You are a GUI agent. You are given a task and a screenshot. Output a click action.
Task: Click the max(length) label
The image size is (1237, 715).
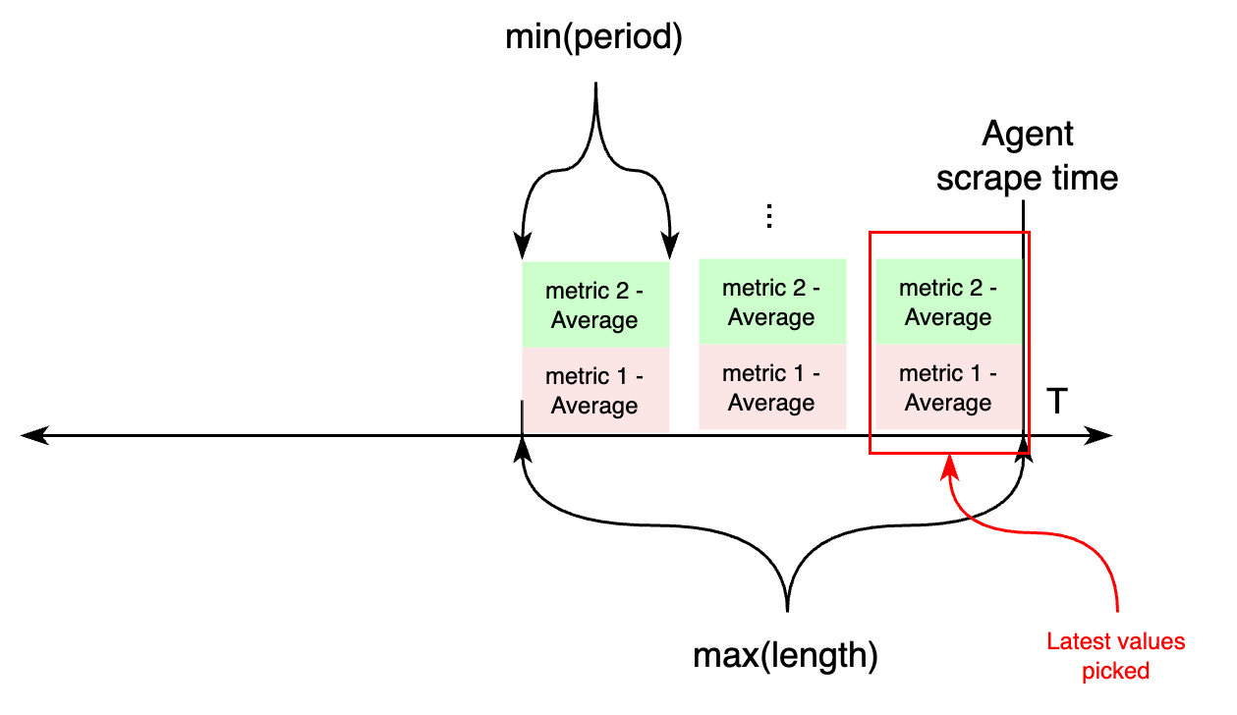point(785,655)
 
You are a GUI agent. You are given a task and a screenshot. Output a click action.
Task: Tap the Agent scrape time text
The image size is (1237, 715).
point(1027,156)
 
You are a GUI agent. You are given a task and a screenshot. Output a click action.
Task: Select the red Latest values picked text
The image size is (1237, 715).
point(1115,656)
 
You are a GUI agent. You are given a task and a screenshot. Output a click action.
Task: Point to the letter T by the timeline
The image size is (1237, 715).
point(1055,401)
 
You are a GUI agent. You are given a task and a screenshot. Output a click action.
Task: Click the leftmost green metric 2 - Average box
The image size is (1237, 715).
point(594,304)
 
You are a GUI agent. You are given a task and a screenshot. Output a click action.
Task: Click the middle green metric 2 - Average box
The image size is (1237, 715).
point(771,302)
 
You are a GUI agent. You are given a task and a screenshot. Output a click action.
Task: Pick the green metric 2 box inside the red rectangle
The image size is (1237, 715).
point(948,302)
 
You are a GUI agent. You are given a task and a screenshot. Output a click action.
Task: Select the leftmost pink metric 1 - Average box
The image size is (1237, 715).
point(594,390)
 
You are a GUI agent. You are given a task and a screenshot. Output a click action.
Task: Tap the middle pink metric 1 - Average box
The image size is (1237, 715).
point(771,387)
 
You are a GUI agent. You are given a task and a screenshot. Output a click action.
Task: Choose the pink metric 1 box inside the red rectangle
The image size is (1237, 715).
point(948,387)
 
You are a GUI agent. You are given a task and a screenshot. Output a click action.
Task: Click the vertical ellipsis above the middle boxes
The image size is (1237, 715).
point(770,217)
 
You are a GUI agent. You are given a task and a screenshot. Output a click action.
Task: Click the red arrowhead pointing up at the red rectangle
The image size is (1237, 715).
point(949,465)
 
